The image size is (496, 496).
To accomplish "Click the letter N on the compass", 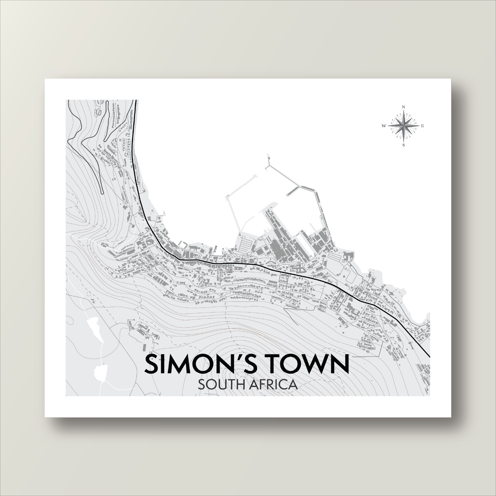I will [x=403, y=107].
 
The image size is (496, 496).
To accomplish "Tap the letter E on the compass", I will [x=422, y=126].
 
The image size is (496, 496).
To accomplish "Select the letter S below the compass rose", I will [x=403, y=145].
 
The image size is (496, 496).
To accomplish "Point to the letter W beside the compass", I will [x=384, y=126].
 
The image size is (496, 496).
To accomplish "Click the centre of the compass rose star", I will [x=403, y=126].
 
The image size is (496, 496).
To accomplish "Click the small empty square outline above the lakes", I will [x=89, y=294].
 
